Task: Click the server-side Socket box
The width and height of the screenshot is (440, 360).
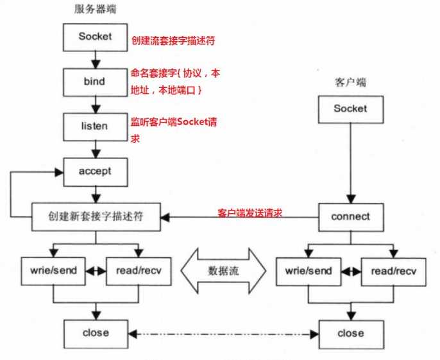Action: pos(95,37)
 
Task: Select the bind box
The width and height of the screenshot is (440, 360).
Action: pos(95,82)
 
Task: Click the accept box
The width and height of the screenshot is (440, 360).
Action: pos(95,171)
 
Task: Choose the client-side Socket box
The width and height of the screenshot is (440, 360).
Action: pos(350,108)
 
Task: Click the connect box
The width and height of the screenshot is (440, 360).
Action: pos(350,217)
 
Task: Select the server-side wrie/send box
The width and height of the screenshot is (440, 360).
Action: pos(53,271)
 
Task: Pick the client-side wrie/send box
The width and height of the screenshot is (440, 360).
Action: pos(308,271)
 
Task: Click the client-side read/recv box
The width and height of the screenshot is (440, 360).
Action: pos(392,271)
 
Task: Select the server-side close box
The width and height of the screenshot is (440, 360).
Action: pos(96,334)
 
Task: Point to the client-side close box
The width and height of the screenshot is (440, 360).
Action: pos(350,334)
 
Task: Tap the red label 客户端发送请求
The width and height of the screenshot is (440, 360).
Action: pos(250,212)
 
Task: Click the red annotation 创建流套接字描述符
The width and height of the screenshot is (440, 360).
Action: pos(172,40)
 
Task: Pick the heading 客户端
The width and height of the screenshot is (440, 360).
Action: pos(350,83)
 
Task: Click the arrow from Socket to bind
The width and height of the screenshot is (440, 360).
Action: pos(95,59)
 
